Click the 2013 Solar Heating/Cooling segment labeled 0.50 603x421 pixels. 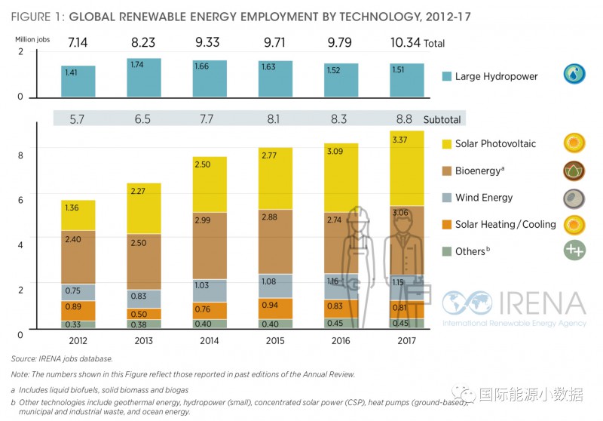coord(143,314)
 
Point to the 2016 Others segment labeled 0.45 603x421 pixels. coord(341,323)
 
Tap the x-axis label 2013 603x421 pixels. coord(143,340)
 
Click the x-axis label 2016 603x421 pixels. coord(341,340)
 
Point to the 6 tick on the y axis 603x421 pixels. coord(20,200)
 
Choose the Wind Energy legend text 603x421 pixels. coord(484,198)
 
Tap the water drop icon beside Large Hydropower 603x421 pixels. coord(574,75)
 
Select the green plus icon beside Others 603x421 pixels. coord(574,250)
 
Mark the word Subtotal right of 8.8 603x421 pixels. coord(442,119)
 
